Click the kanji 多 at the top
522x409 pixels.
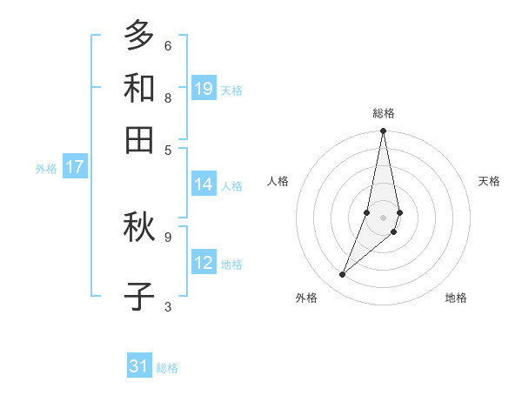click(x=139, y=36)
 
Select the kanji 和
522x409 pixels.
click(x=139, y=88)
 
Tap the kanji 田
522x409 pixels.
click(x=139, y=139)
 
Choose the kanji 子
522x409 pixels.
click(x=139, y=296)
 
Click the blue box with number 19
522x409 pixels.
click(x=204, y=89)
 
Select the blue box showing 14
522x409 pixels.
click(x=204, y=184)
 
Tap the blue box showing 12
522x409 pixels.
click(x=204, y=263)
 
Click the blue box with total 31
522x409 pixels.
click(x=139, y=367)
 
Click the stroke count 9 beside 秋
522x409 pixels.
click(x=168, y=236)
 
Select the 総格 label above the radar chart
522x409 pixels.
click(x=384, y=113)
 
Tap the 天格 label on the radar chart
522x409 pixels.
click(x=489, y=181)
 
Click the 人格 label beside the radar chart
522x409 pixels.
click(x=278, y=181)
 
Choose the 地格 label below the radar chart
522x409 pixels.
click(x=456, y=298)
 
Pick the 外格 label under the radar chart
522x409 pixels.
click(x=306, y=298)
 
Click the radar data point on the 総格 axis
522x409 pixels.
click(x=384, y=131)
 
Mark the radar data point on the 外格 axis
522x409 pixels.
click(x=343, y=275)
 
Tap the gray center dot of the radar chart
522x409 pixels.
click(x=384, y=217)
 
